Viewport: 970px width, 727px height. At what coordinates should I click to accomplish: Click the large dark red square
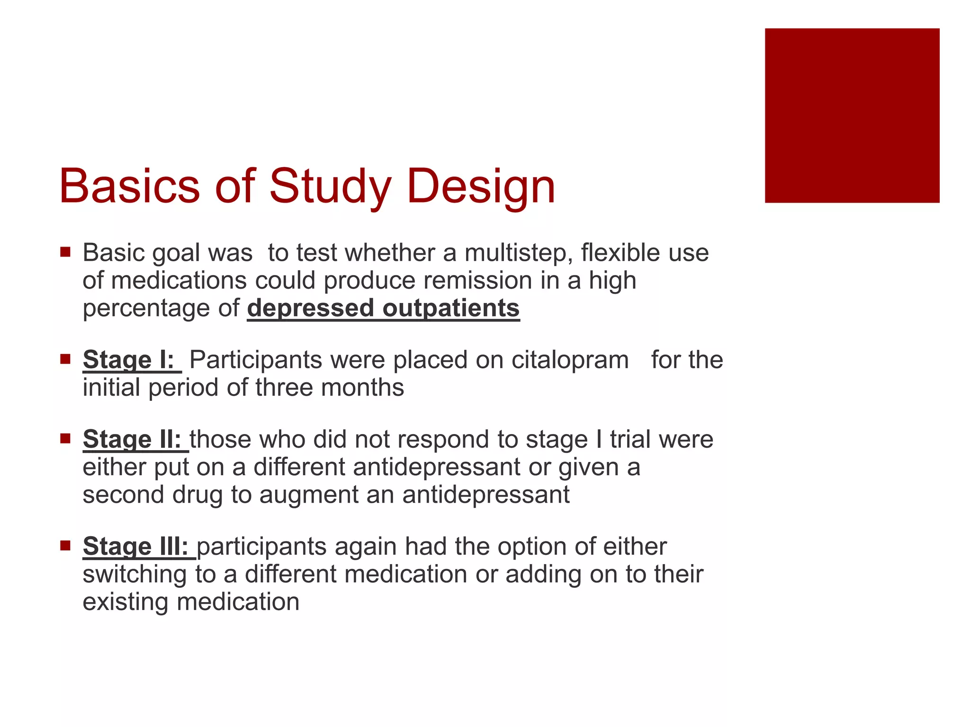(x=852, y=115)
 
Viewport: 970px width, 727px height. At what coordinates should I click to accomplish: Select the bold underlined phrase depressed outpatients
(x=383, y=309)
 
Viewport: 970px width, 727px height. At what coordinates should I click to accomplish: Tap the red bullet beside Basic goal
(x=65, y=251)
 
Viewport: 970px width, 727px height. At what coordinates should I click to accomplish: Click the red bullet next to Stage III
(x=65, y=545)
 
